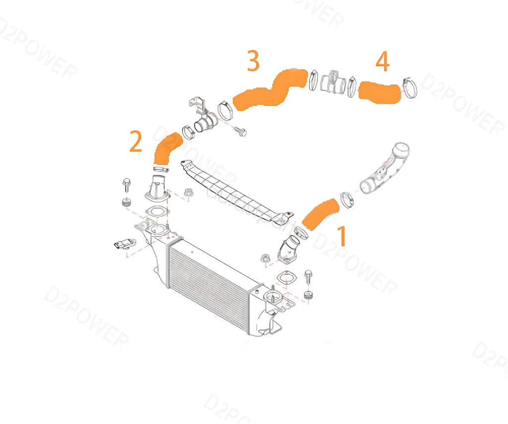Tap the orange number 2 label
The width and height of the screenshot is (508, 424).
[x=135, y=141]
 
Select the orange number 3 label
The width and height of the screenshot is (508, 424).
[x=253, y=61]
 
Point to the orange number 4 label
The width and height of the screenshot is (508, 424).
[x=382, y=62]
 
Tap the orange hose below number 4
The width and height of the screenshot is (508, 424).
[x=379, y=93]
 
